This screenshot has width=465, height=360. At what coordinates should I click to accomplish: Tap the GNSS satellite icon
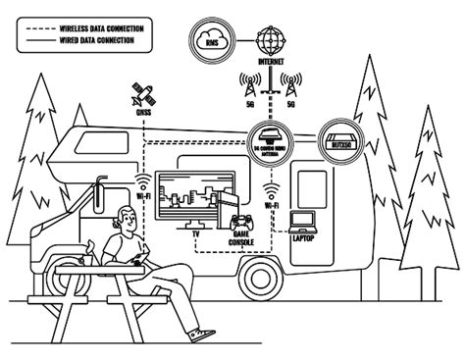142,96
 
